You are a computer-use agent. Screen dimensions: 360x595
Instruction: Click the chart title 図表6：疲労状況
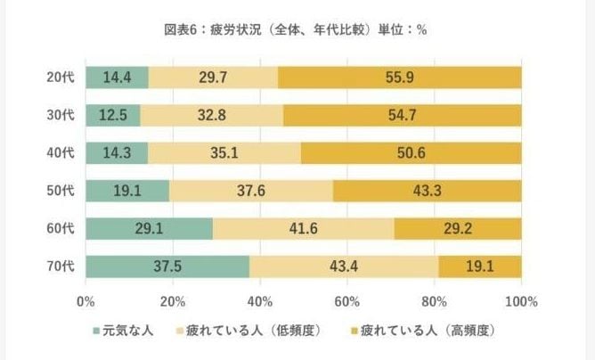pyautogui.click(x=296, y=29)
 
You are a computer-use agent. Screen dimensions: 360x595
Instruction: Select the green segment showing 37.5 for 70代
pyautogui.click(x=167, y=266)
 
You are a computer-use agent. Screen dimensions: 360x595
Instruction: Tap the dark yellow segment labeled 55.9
pyautogui.click(x=399, y=78)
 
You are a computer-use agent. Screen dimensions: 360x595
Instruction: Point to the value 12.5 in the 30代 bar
pyautogui.click(x=113, y=115)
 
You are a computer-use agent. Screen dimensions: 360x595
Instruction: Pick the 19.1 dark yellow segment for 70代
pyautogui.click(x=479, y=266)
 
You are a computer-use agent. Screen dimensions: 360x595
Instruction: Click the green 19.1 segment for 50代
pyautogui.click(x=127, y=191)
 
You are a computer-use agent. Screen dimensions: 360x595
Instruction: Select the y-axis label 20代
pyautogui.click(x=59, y=78)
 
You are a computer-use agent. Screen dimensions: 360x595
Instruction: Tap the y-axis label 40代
pyautogui.click(x=59, y=153)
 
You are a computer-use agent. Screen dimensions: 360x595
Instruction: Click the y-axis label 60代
pyautogui.click(x=59, y=229)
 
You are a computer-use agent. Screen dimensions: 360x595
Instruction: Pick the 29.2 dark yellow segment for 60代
pyautogui.click(x=458, y=229)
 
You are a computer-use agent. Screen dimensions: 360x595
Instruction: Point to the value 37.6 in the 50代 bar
pyautogui.click(x=251, y=191)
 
